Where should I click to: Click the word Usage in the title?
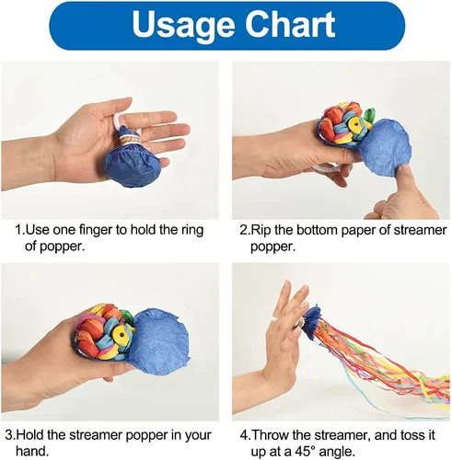183,25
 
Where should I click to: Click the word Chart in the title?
290,25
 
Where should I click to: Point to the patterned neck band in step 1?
130,141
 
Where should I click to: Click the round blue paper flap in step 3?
158,336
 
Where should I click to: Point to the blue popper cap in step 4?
311,323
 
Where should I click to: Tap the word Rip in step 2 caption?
261,231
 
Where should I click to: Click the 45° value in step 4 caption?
306,452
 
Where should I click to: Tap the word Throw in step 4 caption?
270,435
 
